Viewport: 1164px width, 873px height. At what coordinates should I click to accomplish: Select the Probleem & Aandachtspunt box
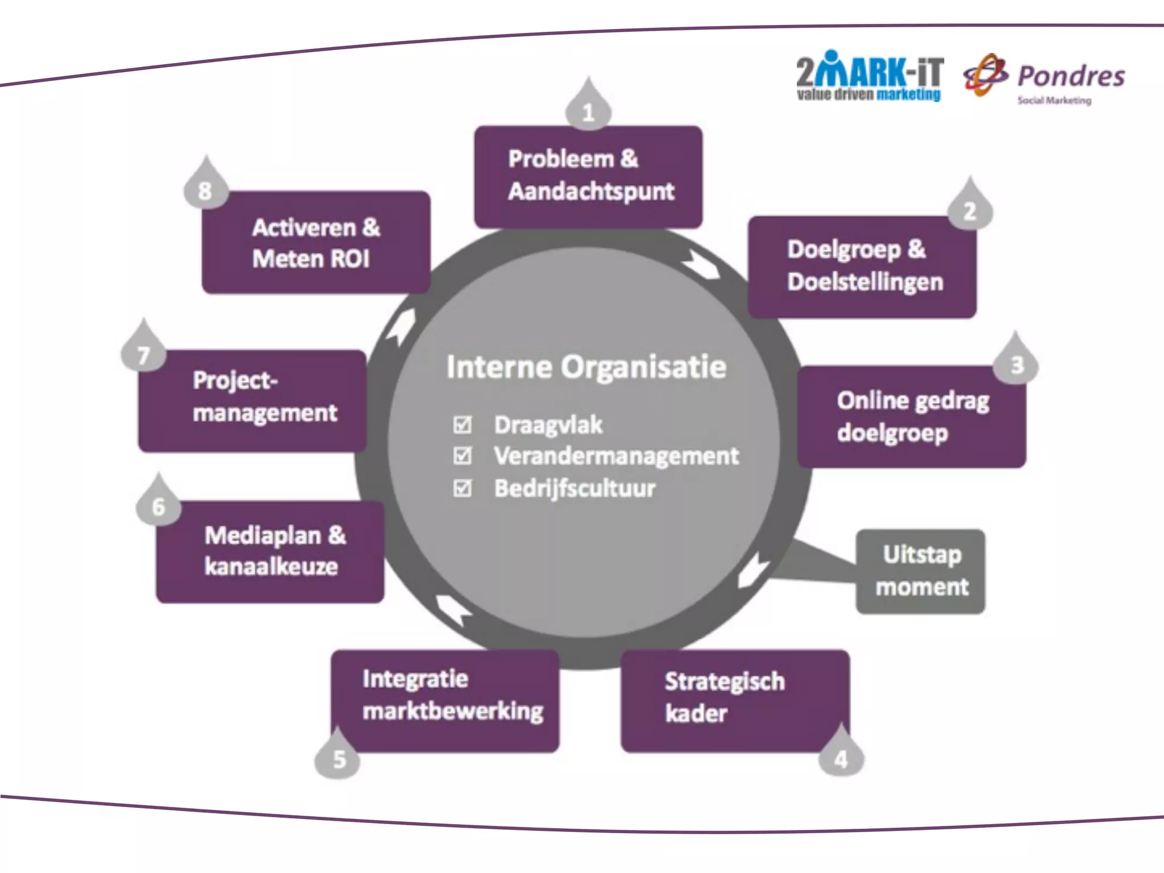[588, 176]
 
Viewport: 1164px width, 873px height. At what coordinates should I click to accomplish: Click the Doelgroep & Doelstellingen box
[862, 266]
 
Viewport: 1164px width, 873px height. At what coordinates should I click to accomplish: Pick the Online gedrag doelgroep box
[912, 417]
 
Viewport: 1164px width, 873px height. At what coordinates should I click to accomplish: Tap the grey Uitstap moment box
[921, 571]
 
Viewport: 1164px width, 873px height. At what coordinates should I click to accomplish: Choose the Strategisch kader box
[734, 700]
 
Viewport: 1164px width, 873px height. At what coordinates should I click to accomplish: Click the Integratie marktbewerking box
[446, 700]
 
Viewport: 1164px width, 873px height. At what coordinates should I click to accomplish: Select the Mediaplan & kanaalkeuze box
[271, 551]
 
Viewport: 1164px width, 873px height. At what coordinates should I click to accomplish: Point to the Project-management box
[252, 401]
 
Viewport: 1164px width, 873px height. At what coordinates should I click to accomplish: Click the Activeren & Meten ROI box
[316, 243]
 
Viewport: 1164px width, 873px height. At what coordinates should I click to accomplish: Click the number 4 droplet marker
[841, 756]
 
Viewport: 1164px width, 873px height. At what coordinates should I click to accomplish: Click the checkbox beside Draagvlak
[463, 425]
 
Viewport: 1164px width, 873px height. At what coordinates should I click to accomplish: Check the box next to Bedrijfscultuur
[463, 488]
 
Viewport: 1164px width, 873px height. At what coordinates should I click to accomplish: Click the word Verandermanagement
[616, 456]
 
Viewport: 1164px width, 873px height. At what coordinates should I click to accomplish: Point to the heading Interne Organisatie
[586, 367]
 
